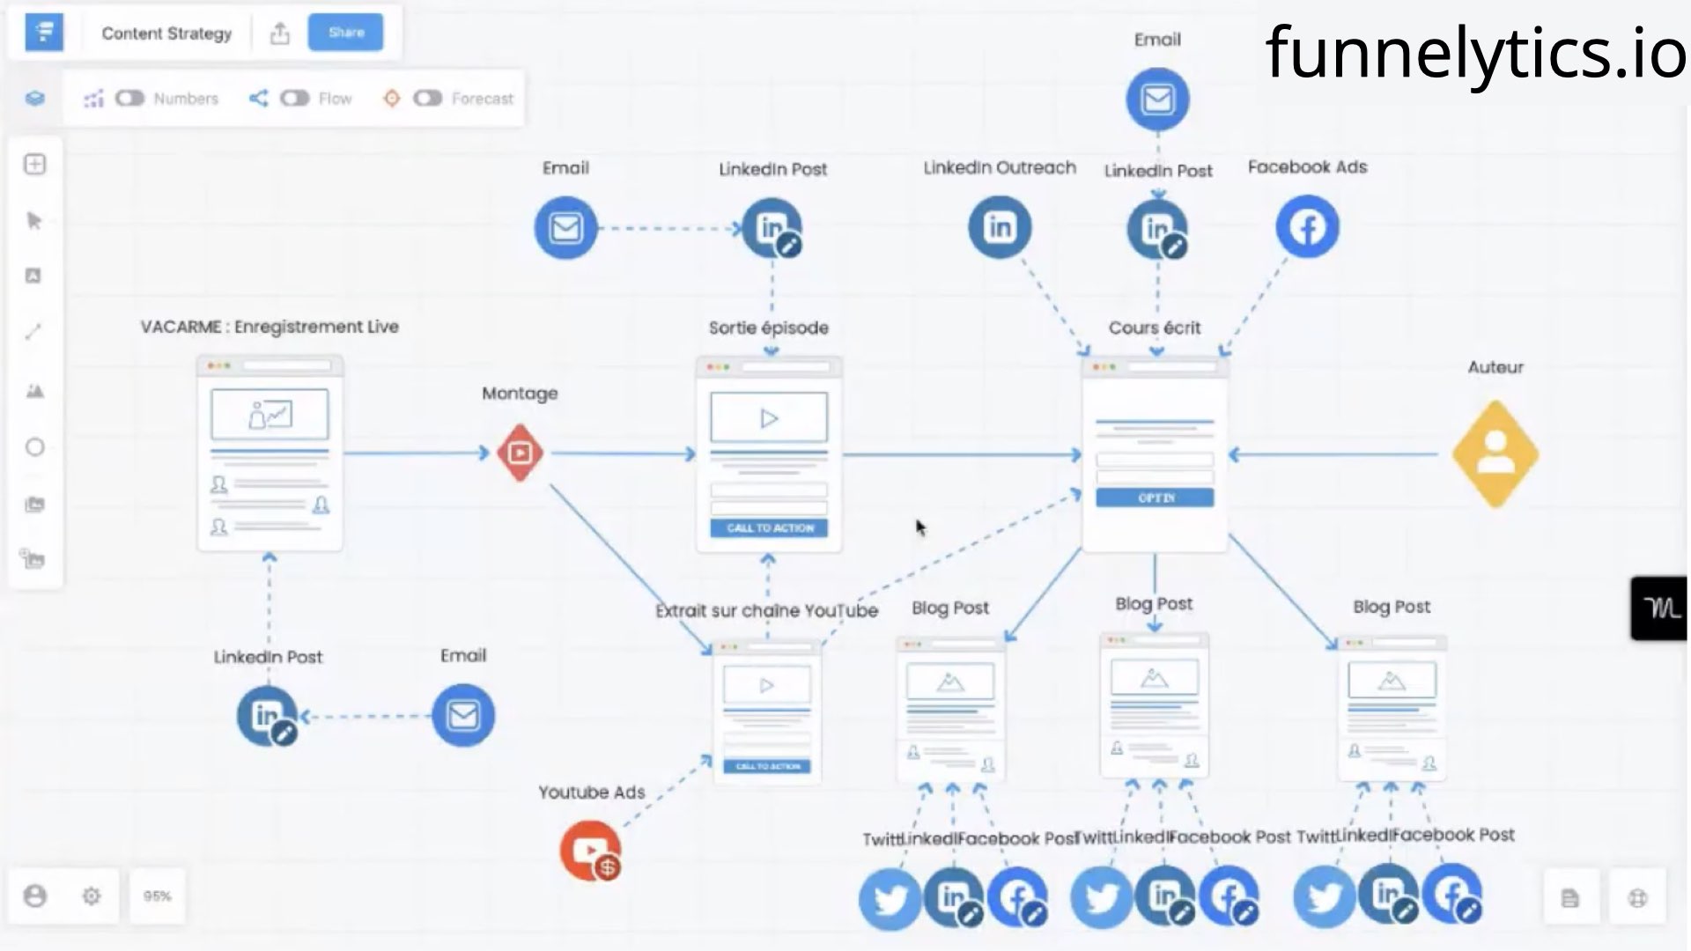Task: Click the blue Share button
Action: (345, 33)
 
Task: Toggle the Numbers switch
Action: (129, 98)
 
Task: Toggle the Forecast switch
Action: (427, 98)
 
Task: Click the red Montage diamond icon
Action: (520, 453)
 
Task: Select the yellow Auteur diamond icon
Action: (1495, 454)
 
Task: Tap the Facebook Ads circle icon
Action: (1307, 227)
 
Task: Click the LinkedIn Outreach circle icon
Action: (1000, 227)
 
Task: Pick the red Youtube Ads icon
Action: (590, 851)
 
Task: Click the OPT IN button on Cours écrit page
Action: (1155, 498)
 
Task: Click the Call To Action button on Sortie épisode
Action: (769, 527)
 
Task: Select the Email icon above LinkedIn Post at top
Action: (1157, 99)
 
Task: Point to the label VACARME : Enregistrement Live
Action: (270, 327)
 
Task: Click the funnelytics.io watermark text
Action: (1475, 52)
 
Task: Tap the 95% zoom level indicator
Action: (157, 896)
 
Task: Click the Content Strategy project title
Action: (166, 33)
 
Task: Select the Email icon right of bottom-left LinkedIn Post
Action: (463, 715)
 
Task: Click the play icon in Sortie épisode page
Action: (769, 418)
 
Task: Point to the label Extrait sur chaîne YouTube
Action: (766, 610)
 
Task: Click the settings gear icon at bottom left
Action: (92, 896)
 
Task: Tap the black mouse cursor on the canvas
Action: (920, 527)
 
